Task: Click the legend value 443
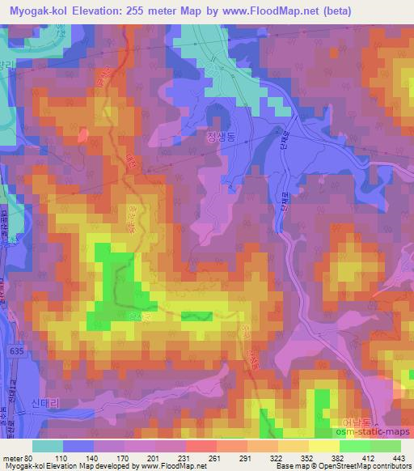pos(398,457)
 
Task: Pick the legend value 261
pos(215,457)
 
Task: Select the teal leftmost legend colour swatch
pos(49,446)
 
